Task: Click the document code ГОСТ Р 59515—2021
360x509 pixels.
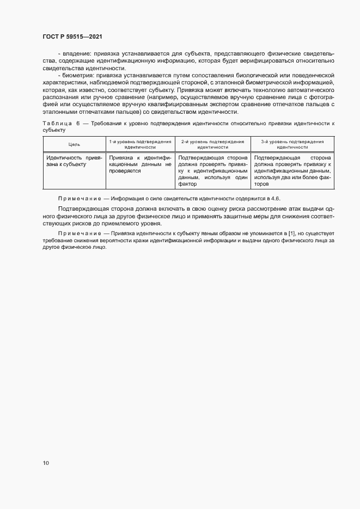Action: pos(72,36)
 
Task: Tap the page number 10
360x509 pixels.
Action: pos(46,463)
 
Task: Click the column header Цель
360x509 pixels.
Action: pos(74,144)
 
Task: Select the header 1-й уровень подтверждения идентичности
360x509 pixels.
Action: pos(140,144)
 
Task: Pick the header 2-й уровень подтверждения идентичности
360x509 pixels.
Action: pos(213,144)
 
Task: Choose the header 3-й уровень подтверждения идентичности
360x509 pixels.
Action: pos(292,144)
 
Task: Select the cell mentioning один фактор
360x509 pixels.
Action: pos(213,170)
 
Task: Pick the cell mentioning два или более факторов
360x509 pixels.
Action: pos(292,170)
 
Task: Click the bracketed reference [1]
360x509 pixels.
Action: pos(293,234)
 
